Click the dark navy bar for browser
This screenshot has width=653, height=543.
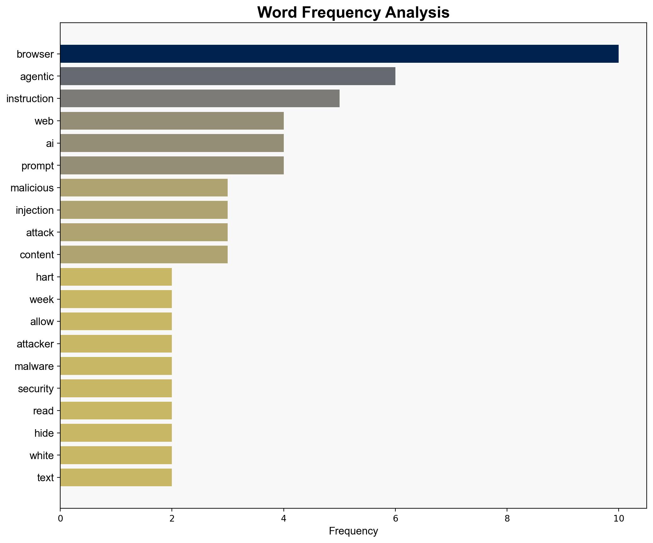pyautogui.click(x=339, y=54)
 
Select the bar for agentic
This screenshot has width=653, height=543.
pyautogui.click(x=227, y=76)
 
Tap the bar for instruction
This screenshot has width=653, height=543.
pyautogui.click(x=200, y=98)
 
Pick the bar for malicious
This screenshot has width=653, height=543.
pyautogui.click(x=144, y=188)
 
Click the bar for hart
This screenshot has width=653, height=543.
pyautogui.click(x=116, y=277)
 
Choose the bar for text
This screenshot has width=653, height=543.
pyautogui.click(x=116, y=477)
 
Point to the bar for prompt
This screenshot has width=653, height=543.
pyautogui.click(x=172, y=166)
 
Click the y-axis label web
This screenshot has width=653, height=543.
pyautogui.click(x=44, y=121)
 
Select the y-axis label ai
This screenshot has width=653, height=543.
pyautogui.click(x=50, y=143)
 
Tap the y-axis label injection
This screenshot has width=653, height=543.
pyautogui.click(x=35, y=210)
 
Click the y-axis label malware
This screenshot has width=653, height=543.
pyautogui.click(x=34, y=366)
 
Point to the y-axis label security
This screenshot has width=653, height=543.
pyautogui.click(x=36, y=389)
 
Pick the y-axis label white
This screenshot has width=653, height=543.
pyautogui.click(x=41, y=456)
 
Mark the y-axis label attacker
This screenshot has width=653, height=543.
pyautogui.click(x=35, y=344)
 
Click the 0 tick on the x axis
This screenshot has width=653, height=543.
pyautogui.click(x=60, y=519)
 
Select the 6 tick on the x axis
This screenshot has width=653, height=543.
pyautogui.click(x=395, y=519)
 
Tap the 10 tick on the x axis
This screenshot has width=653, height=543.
pyautogui.click(x=619, y=519)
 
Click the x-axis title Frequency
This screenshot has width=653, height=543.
pyautogui.click(x=353, y=531)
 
